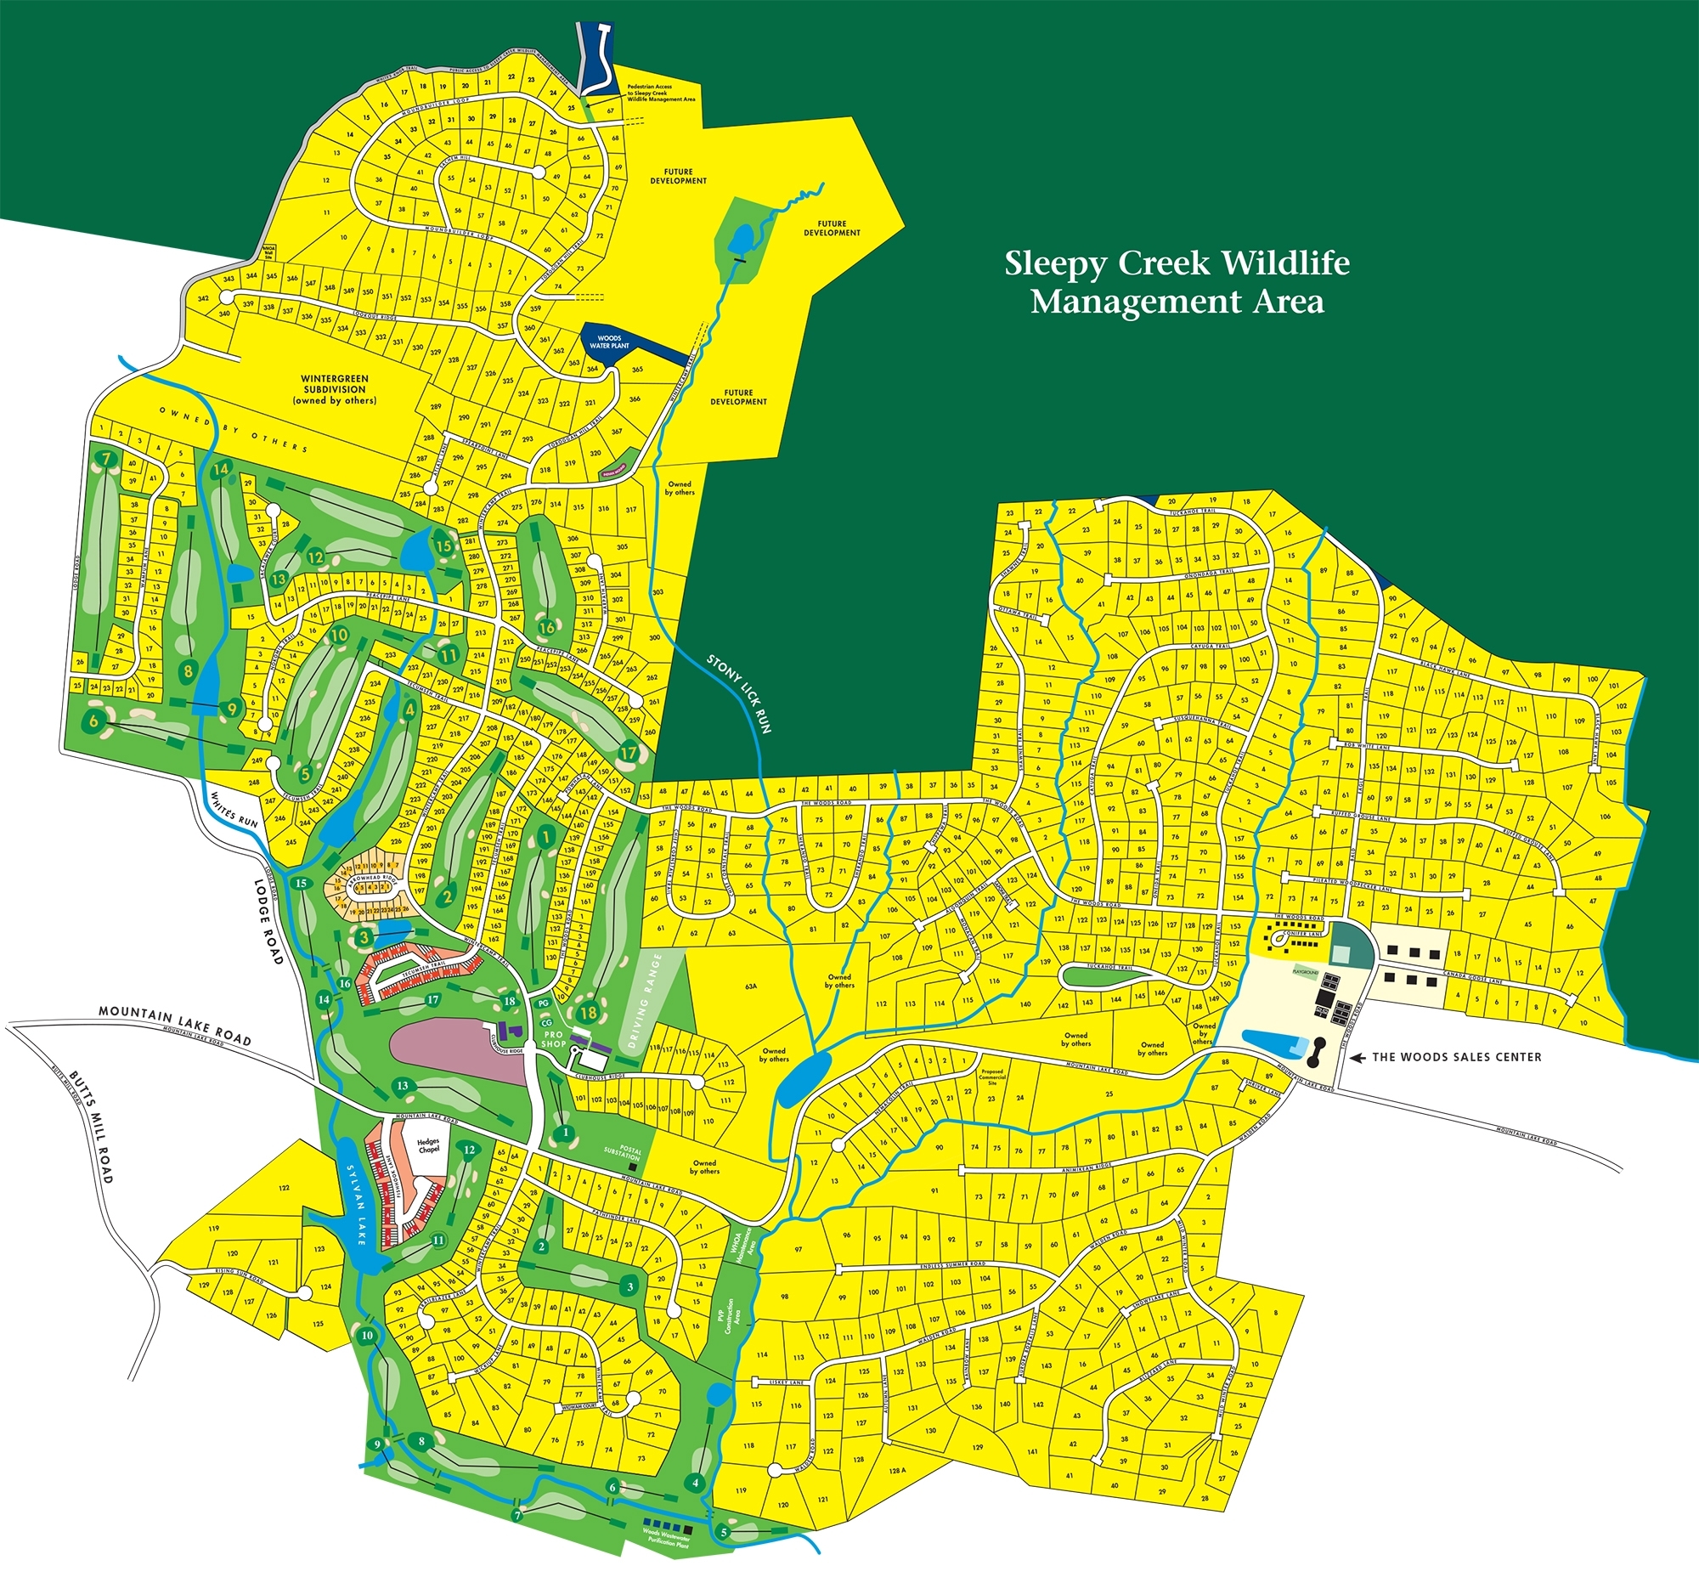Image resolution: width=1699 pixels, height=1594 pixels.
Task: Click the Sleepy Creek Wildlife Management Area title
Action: click(x=1177, y=283)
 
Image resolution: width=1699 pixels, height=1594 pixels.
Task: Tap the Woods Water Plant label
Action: click(x=609, y=342)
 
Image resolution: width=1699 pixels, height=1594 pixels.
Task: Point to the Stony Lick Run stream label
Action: click(x=740, y=694)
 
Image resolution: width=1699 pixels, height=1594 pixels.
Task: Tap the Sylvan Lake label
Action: click(x=356, y=1204)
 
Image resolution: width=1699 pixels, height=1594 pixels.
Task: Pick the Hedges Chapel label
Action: click(x=428, y=1145)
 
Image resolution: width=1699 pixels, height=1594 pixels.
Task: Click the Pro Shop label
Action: click(x=554, y=1039)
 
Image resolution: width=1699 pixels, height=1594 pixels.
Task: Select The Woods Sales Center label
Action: click(x=1457, y=1057)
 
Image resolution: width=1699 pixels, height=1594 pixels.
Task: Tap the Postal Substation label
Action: click(x=622, y=1153)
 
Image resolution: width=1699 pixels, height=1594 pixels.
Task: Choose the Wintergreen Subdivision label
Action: click(x=334, y=389)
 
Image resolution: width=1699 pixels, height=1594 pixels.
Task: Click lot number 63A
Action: click(x=751, y=986)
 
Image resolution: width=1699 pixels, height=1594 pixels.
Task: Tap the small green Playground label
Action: click(x=1305, y=973)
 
